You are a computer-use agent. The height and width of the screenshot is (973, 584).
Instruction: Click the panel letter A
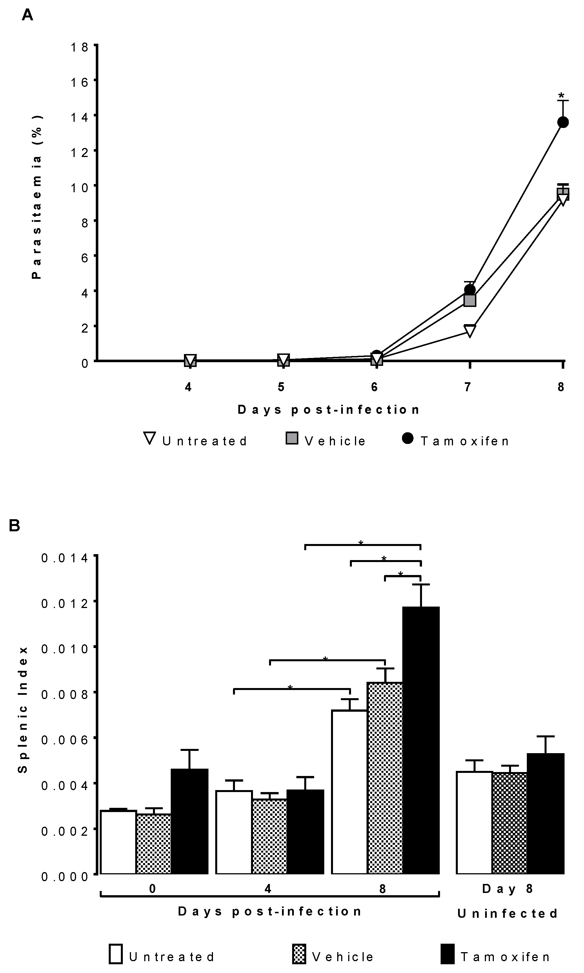[27, 15]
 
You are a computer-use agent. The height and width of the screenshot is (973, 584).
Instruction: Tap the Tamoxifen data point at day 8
[563, 122]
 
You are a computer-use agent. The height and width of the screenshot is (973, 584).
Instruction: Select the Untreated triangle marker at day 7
[470, 330]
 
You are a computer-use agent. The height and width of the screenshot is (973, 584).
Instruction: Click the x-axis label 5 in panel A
[281, 387]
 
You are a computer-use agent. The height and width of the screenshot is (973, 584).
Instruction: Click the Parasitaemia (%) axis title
[37, 197]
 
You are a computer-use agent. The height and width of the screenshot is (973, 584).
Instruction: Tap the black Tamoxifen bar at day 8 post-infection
[421, 740]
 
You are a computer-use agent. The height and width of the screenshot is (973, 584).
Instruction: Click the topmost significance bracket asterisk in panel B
[361, 543]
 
